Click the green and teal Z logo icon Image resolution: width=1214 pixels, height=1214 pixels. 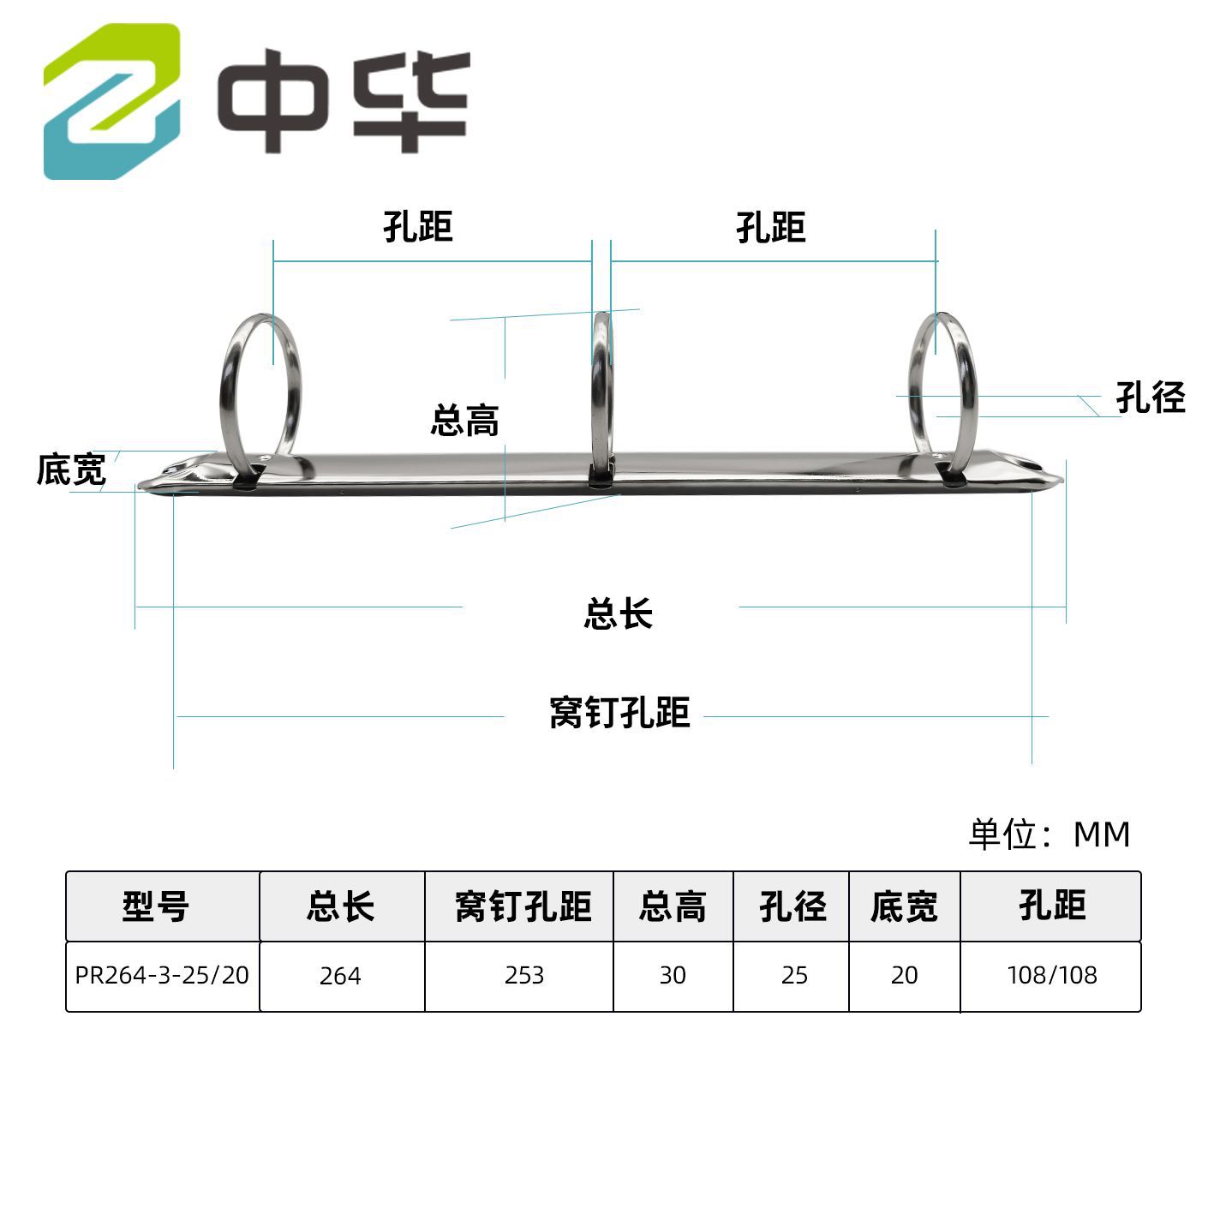pos(112,101)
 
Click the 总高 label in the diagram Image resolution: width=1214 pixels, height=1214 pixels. pos(464,421)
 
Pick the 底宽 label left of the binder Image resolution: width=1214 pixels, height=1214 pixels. pos(70,469)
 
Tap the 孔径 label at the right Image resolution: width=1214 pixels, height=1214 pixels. pos(1150,398)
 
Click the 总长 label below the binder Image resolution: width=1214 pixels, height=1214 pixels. pos(618,614)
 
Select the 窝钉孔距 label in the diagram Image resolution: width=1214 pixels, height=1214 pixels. pos(619,713)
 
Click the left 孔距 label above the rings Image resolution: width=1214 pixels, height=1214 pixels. pos(417,227)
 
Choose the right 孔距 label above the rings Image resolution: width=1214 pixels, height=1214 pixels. pos(770,228)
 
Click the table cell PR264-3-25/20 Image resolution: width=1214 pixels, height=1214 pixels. pos(162,975)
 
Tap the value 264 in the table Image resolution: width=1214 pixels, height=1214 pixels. pos(340,976)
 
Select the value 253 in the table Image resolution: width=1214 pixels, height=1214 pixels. pos(523,975)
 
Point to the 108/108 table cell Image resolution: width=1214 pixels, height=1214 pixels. pos(1051,975)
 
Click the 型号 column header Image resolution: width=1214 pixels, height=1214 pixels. pos(155,906)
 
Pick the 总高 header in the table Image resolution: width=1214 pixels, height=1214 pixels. pos(673,906)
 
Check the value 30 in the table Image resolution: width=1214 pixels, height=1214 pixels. pos(673,975)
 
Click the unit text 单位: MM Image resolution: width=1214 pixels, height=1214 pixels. pos(1049,834)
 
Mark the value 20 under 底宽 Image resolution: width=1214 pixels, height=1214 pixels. pos(904,975)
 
